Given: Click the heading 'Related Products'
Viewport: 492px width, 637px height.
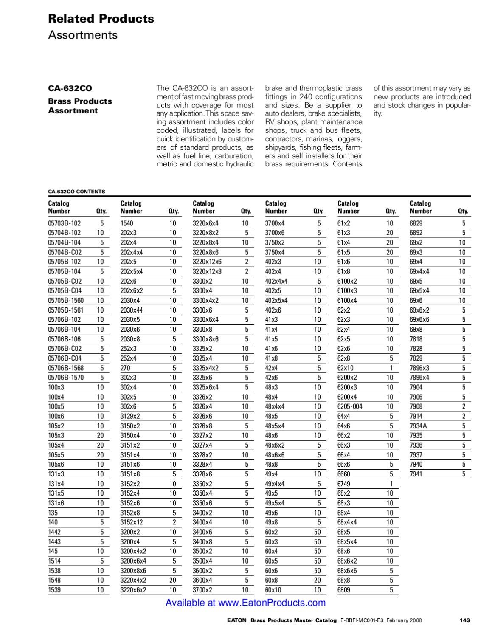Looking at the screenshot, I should point(101,19).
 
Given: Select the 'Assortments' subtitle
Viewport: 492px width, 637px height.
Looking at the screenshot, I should point(82,35).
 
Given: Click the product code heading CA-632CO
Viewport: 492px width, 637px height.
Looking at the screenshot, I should point(70,88).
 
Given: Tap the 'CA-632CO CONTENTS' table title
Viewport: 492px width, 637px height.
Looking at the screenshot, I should point(76,192).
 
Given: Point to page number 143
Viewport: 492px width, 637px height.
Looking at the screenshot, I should point(465,620).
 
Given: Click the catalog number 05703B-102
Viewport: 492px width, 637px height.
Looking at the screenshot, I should point(64,223).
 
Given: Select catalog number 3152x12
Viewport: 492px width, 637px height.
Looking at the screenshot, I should point(132,522).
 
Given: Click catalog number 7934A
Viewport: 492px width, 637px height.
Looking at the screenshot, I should point(418,426).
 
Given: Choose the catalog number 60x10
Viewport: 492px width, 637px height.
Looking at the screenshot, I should point(273,590).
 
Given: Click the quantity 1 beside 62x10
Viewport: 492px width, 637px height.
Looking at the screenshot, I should point(391,368).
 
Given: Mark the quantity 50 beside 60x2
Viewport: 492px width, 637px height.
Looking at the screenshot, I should point(317,532).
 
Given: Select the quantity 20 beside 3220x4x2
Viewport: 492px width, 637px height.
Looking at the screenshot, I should point(172,580).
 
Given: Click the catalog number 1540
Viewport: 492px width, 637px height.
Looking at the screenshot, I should point(127,223).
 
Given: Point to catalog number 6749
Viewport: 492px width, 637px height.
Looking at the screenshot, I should point(344,484).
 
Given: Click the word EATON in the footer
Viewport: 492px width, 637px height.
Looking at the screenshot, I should point(236,620).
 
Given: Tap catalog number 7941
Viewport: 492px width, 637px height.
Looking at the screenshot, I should point(416,474).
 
